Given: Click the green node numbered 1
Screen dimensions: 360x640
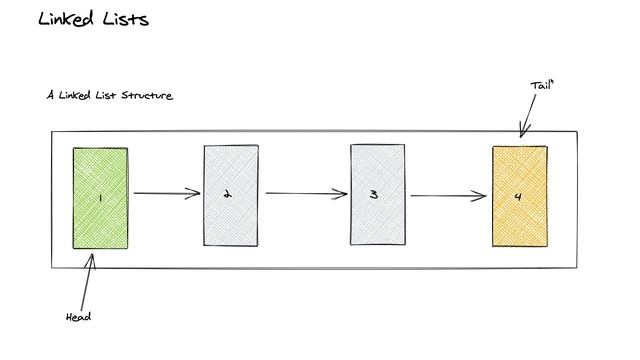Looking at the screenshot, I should click(x=100, y=175).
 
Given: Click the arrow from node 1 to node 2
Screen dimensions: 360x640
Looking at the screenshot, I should click(x=166, y=194).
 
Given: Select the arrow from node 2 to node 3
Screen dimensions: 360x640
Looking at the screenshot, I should click(x=304, y=194).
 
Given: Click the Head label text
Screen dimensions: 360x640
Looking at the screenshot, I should click(x=78, y=316).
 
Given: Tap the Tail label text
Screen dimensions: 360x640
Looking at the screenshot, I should click(x=541, y=87).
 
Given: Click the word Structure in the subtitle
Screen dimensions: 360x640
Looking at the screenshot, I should click(x=146, y=96).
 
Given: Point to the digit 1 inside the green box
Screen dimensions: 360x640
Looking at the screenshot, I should click(x=100, y=198).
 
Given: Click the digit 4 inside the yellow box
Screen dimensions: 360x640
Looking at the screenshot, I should click(x=518, y=196).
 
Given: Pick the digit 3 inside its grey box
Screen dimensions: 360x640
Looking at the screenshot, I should click(x=373, y=195).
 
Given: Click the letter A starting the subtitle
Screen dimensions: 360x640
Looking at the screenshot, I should click(x=49, y=96).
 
